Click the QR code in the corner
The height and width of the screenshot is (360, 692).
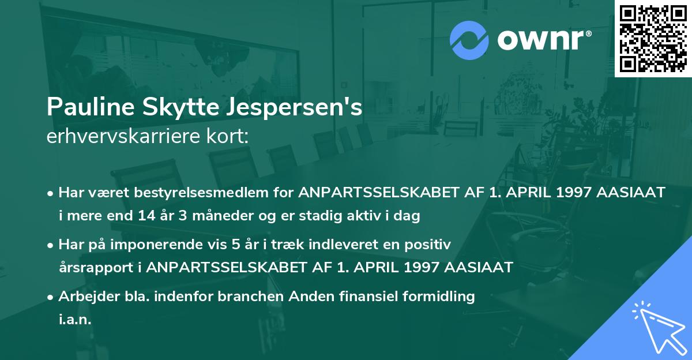coord(652,39)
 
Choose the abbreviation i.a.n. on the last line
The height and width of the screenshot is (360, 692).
coord(75,320)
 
